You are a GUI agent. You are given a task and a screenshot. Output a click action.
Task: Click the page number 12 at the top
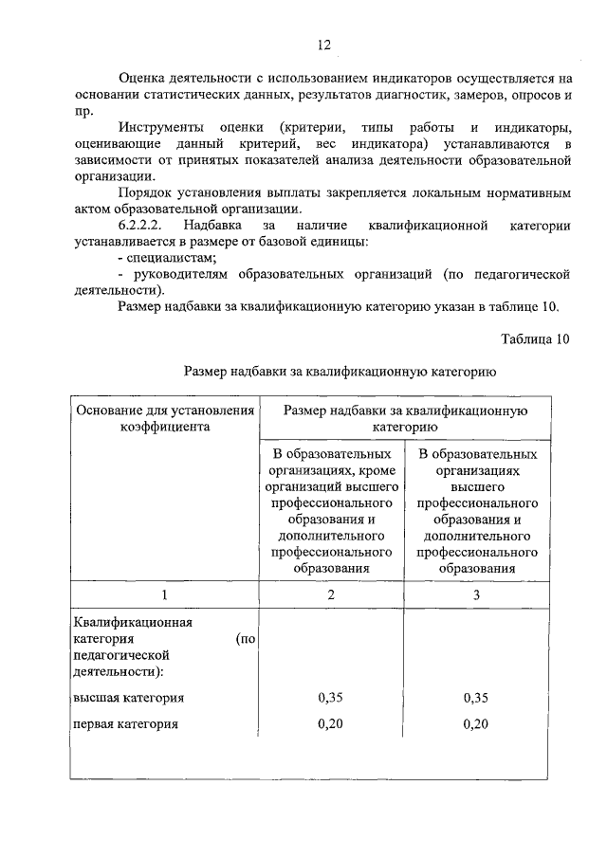323,45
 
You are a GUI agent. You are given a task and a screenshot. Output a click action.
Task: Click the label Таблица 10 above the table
535,338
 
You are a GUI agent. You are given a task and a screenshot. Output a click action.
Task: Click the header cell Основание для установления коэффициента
164,418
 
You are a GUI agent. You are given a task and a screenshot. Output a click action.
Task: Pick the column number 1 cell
164,594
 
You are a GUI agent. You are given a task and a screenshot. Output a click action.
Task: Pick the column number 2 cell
331,594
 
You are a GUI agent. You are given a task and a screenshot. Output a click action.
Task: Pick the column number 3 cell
476,594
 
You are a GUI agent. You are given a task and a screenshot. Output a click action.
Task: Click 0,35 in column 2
331,698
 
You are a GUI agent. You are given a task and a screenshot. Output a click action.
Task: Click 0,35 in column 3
476,698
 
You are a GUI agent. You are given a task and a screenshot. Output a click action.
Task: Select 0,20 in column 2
331,724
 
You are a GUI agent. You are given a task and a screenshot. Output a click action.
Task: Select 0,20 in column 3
476,724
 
